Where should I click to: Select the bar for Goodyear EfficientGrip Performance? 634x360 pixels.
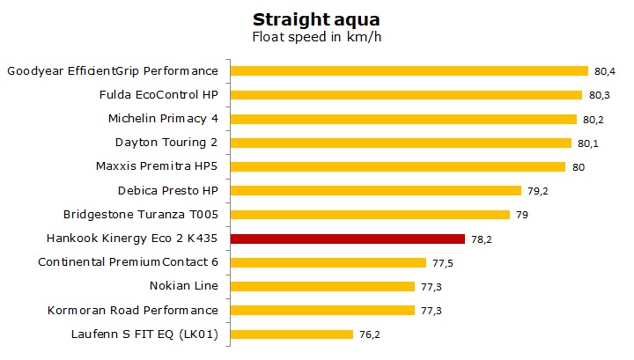tap(409, 70)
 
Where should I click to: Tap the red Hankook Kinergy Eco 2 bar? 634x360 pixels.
tap(347, 238)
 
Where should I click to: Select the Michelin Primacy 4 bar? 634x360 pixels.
tap(403, 118)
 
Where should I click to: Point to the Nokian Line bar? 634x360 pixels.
tap(322, 286)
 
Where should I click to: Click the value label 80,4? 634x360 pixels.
tap(604, 70)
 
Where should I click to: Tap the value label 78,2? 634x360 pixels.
tap(481, 238)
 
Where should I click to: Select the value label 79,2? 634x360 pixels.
tap(537, 190)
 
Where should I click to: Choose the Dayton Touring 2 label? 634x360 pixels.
tap(166, 142)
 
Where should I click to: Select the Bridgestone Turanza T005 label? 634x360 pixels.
tap(140, 214)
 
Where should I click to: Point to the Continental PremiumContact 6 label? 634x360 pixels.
tap(128, 261)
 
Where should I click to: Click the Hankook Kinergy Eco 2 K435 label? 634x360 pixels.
tap(132, 238)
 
